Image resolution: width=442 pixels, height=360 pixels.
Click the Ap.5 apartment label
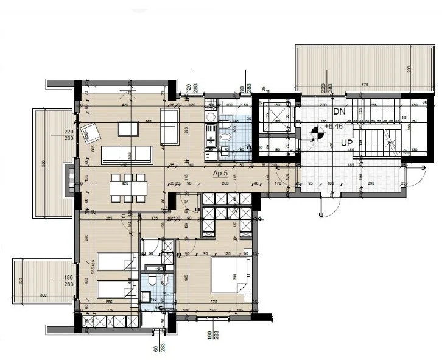[x=220, y=174]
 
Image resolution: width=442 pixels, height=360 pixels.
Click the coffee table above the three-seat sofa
[x=128, y=129]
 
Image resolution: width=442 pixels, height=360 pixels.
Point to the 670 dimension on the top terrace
[x=364, y=85]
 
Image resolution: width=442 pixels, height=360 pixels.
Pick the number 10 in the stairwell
[x=404, y=118]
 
